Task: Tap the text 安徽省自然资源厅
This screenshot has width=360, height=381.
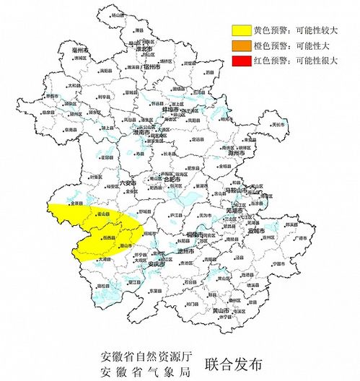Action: pos(148,356)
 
